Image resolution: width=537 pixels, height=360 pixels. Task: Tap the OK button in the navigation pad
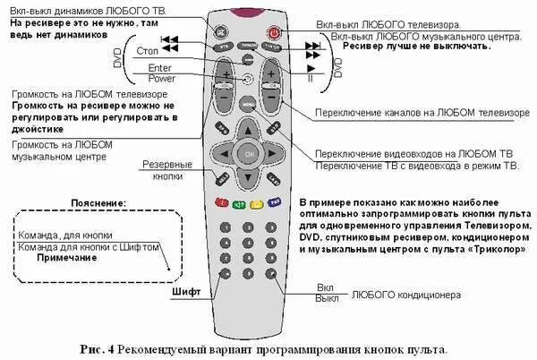[249, 153]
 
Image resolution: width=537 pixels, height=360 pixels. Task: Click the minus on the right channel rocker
[271, 93]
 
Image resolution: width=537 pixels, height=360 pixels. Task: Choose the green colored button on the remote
[239, 203]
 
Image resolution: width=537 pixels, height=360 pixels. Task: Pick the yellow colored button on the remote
[257, 203]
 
